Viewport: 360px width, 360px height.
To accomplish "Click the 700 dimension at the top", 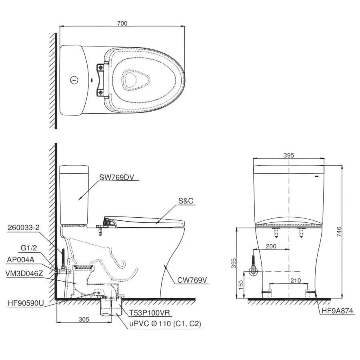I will (122, 24).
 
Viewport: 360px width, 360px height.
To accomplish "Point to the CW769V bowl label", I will (192, 280).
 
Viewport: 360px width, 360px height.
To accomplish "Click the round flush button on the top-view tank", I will (74, 80).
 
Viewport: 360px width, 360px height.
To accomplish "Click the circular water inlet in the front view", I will (253, 272).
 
